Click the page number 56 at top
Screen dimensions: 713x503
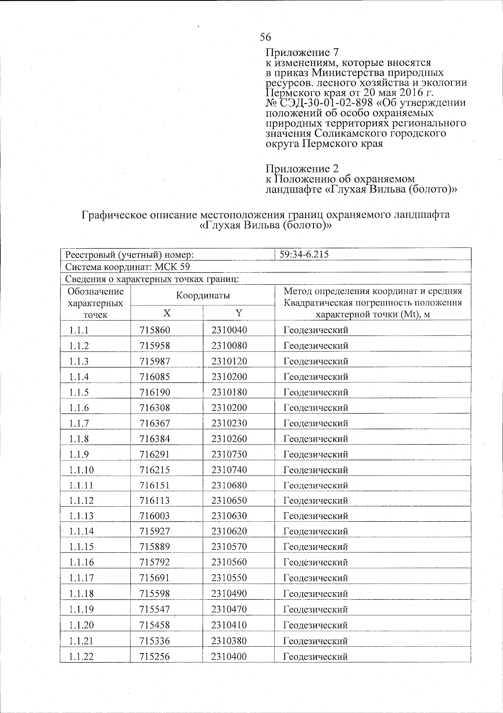pyautogui.click(x=265, y=37)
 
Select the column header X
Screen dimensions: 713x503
pyautogui.click(x=167, y=313)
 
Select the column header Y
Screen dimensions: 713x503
pyautogui.click(x=239, y=313)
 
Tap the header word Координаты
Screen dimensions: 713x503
pyautogui.click(x=203, y=295)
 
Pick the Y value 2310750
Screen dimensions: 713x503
pyautogui.click(x=229, y=454)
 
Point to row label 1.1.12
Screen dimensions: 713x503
pyautogui.click(x=82, y=500)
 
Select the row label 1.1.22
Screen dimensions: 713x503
pyautogui.click(x=82, y=656)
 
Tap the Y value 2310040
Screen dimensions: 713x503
pyautogui.click(x=229, y=330)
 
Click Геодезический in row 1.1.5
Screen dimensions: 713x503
pyautogui.click(x=316, y=392)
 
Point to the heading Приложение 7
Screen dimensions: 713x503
pyautogui.click(x=302, y=52)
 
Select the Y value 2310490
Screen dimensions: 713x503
pyautogui.click(x=229, y=593)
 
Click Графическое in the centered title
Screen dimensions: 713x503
pyautogui.click(x=110, y=215)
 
